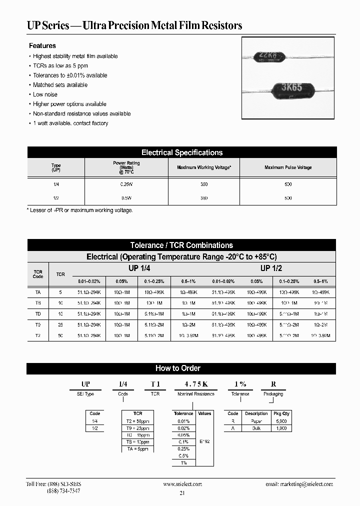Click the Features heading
click(x=42, y=45)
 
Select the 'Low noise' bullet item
click(x=45, y=94)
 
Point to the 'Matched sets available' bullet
click(x=60, y=85)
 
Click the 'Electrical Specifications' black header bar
click(x=181, y=152)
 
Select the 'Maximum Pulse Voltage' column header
click(x=288, y=167)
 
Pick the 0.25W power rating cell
click(x=126, y=184)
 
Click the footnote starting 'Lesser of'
click(x=79, y=210)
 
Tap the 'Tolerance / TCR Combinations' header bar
click(x=181, y=245)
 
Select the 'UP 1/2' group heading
click(x=271, y=268)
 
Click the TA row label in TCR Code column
click(x=38, y=291)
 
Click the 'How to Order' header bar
click(x=178, y=368)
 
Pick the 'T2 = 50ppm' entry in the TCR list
click(x=138, y=421)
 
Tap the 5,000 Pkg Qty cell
click(x=282, y=421)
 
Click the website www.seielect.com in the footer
click(x=182, y=484)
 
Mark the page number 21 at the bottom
click(x=182, y=493)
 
